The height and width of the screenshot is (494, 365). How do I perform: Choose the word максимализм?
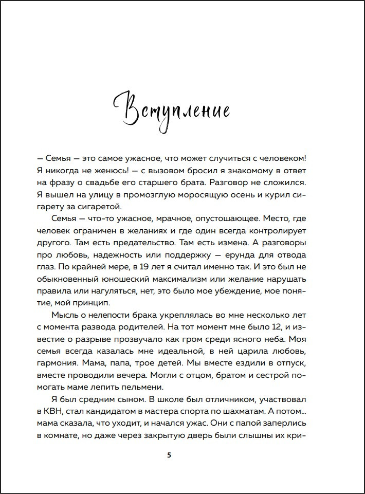171,279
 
